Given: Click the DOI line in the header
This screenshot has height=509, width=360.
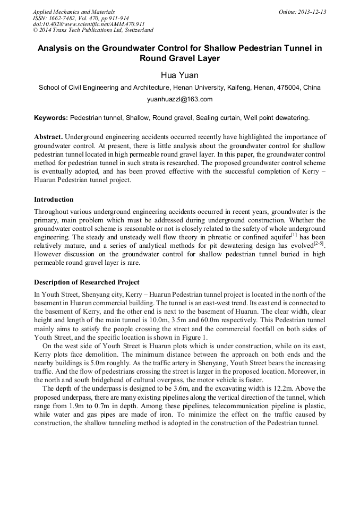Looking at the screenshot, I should pyautogui.click(x=89, y=24).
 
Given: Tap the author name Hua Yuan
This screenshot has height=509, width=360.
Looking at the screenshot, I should pyautogui.click(x=179, y=75).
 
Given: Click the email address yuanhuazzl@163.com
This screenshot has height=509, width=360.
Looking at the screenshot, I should pyautogui.click(x=179, y=99).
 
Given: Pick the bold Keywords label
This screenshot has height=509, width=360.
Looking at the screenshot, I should pyautogui.click(x=51, y=117).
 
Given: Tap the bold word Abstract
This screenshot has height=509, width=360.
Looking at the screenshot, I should pyautogui.click(x=49, y=137).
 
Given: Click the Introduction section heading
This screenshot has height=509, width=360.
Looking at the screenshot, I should pyautogui.click(x=54, y=200).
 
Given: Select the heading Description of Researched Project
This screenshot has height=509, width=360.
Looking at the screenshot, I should pyautogui.click(x=87, y=282).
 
